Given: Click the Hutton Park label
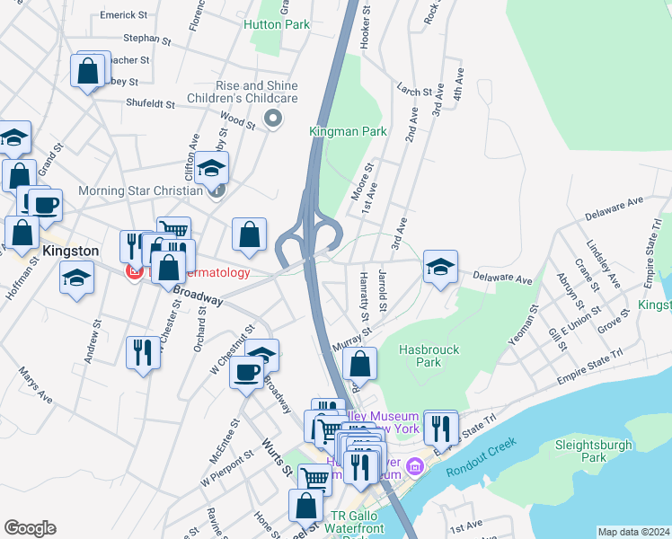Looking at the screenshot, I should tap(277, 24).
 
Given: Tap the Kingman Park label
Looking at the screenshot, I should tap(348, 131).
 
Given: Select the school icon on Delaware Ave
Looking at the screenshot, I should tap(440, 268).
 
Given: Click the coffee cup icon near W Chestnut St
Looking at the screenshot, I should tap(246, 371).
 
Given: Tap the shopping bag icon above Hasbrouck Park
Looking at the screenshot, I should tap(359, 365).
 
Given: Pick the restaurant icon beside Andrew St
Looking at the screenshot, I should tap(142, 352).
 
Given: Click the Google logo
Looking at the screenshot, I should tap(30, 528).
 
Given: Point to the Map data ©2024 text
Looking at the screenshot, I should tap(632, 532).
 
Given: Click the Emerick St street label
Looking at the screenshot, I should tap(124, 15).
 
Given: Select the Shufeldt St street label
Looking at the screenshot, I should tap(150, 104).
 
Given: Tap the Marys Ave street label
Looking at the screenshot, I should tap(36, 386).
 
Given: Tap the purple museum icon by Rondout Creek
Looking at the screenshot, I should tap(414, 465).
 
